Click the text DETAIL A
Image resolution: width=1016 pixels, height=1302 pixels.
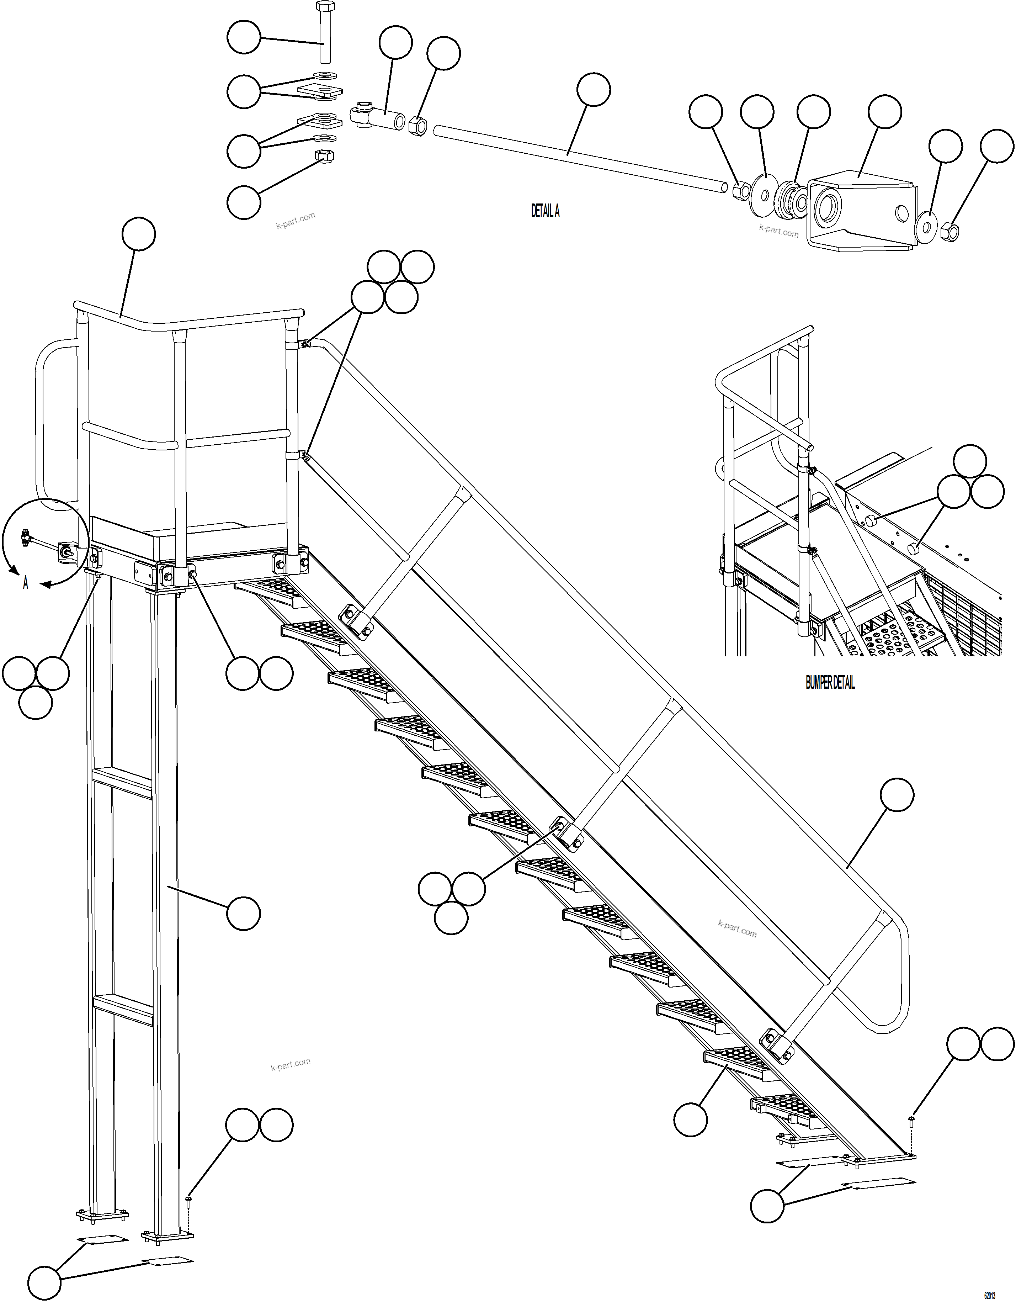coord(545,211)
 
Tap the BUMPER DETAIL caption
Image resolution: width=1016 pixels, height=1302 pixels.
coord(830,684)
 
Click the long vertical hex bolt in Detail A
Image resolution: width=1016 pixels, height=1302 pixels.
coord(324,33)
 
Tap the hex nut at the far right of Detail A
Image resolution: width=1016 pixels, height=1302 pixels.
coord(951,231)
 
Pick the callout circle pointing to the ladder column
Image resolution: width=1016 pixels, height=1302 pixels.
coord(243,913)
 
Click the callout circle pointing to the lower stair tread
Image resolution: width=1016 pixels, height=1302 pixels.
coord(691,1119)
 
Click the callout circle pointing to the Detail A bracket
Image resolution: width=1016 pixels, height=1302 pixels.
coord(884,111)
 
